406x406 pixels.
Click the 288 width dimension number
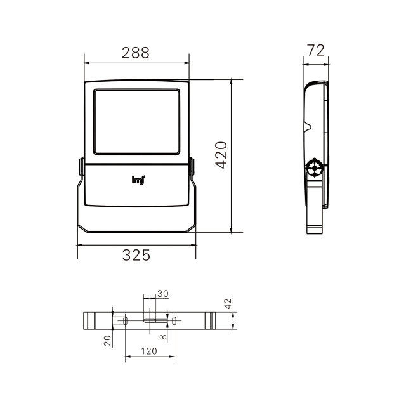click(136, 53)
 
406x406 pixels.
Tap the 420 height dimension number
click(221, 155)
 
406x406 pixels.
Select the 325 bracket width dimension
click(136, 255)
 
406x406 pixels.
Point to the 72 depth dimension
click(316, 50)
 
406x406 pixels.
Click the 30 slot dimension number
click(163, 294)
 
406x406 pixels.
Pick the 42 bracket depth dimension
click(228, 303)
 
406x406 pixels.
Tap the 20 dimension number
click(107, 341)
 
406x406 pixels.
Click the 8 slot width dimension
click(163, 337)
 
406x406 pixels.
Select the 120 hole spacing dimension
click(149, 351)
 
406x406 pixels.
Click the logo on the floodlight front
click(138, 180)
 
